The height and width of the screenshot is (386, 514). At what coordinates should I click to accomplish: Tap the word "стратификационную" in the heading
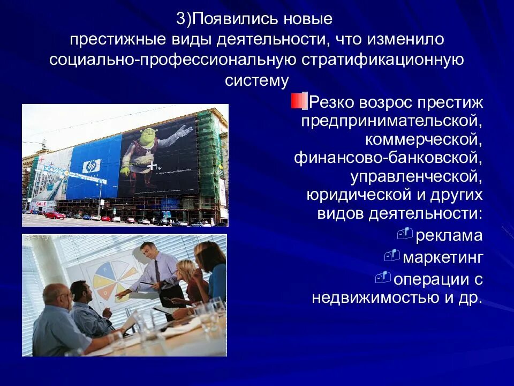(383, 59)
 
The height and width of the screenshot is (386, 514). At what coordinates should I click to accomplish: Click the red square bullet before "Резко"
(297, 101)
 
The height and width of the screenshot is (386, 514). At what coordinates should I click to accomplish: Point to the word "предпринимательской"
(391, 121)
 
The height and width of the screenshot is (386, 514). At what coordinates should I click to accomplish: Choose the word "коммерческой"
(424, 140)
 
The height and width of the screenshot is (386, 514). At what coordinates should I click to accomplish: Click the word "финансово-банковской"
(388, 159)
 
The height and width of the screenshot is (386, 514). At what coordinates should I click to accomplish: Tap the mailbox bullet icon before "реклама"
(406, 233)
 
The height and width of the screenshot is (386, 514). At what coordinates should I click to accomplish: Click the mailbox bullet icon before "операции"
(383, 277)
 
